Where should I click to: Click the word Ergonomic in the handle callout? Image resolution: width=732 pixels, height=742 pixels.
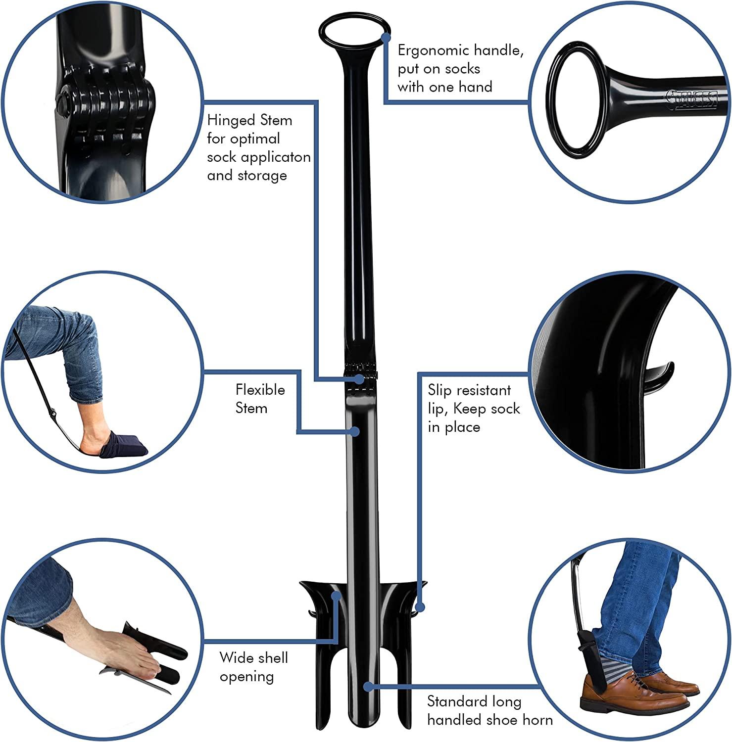pos(433,50)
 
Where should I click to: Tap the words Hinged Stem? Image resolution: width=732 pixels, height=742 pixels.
pos(249,120)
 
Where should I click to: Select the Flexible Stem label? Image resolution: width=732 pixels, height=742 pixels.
pos(260,399)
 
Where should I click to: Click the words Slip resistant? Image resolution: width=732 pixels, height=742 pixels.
pos(469,390)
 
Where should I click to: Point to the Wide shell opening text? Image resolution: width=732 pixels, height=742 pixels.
pos(253,667)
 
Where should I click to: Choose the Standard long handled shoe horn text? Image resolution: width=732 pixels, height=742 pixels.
pos(489,710)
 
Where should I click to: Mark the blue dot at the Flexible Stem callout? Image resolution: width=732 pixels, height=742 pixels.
pos(354,431)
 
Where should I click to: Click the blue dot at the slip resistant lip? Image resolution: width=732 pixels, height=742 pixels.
pos(420,606)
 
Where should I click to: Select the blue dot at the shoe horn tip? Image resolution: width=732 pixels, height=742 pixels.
pos(368,686)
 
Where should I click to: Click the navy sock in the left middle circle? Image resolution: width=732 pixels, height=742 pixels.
pos(124,444)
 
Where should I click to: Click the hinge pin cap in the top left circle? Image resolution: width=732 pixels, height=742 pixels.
pos(64,96)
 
